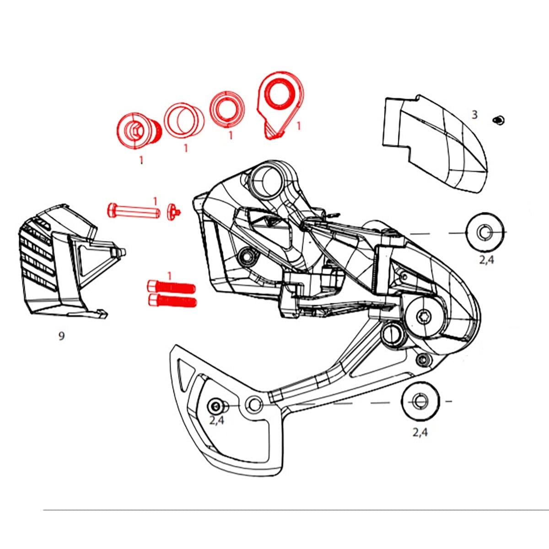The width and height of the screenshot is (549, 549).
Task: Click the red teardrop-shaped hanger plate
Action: click(x=279, y=103)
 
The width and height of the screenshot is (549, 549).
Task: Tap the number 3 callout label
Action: click(x=474, y=115)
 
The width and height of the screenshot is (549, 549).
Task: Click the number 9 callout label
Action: click(x=61, y=336)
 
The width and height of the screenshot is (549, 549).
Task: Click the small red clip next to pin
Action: click(x=174, y=212)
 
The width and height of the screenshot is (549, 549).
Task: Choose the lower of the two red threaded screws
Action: click(x=172, y=301)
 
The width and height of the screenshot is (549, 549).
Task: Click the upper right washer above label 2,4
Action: click(x=484, y=232)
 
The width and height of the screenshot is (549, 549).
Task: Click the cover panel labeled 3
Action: click(x=435, y=142)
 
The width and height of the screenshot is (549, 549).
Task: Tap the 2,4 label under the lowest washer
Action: click(x=420, y=432)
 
